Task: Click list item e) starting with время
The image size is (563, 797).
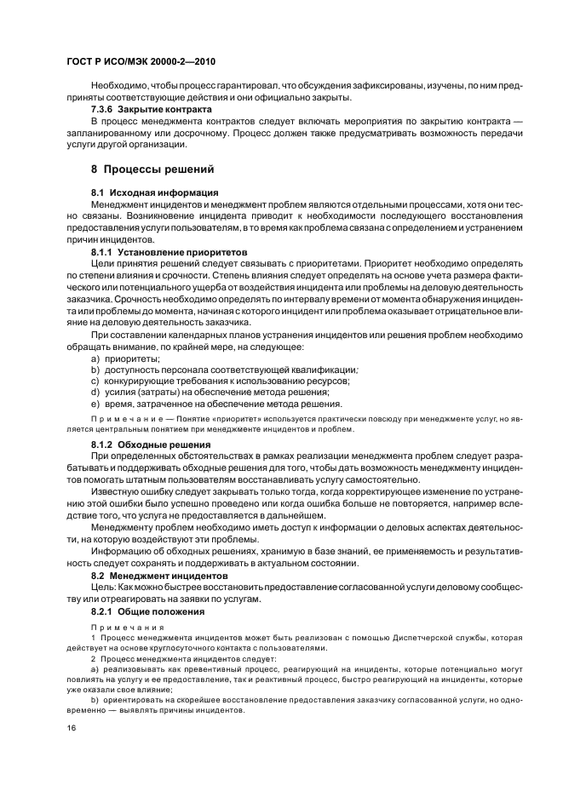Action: pyautogui.click(x=216, y=404)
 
